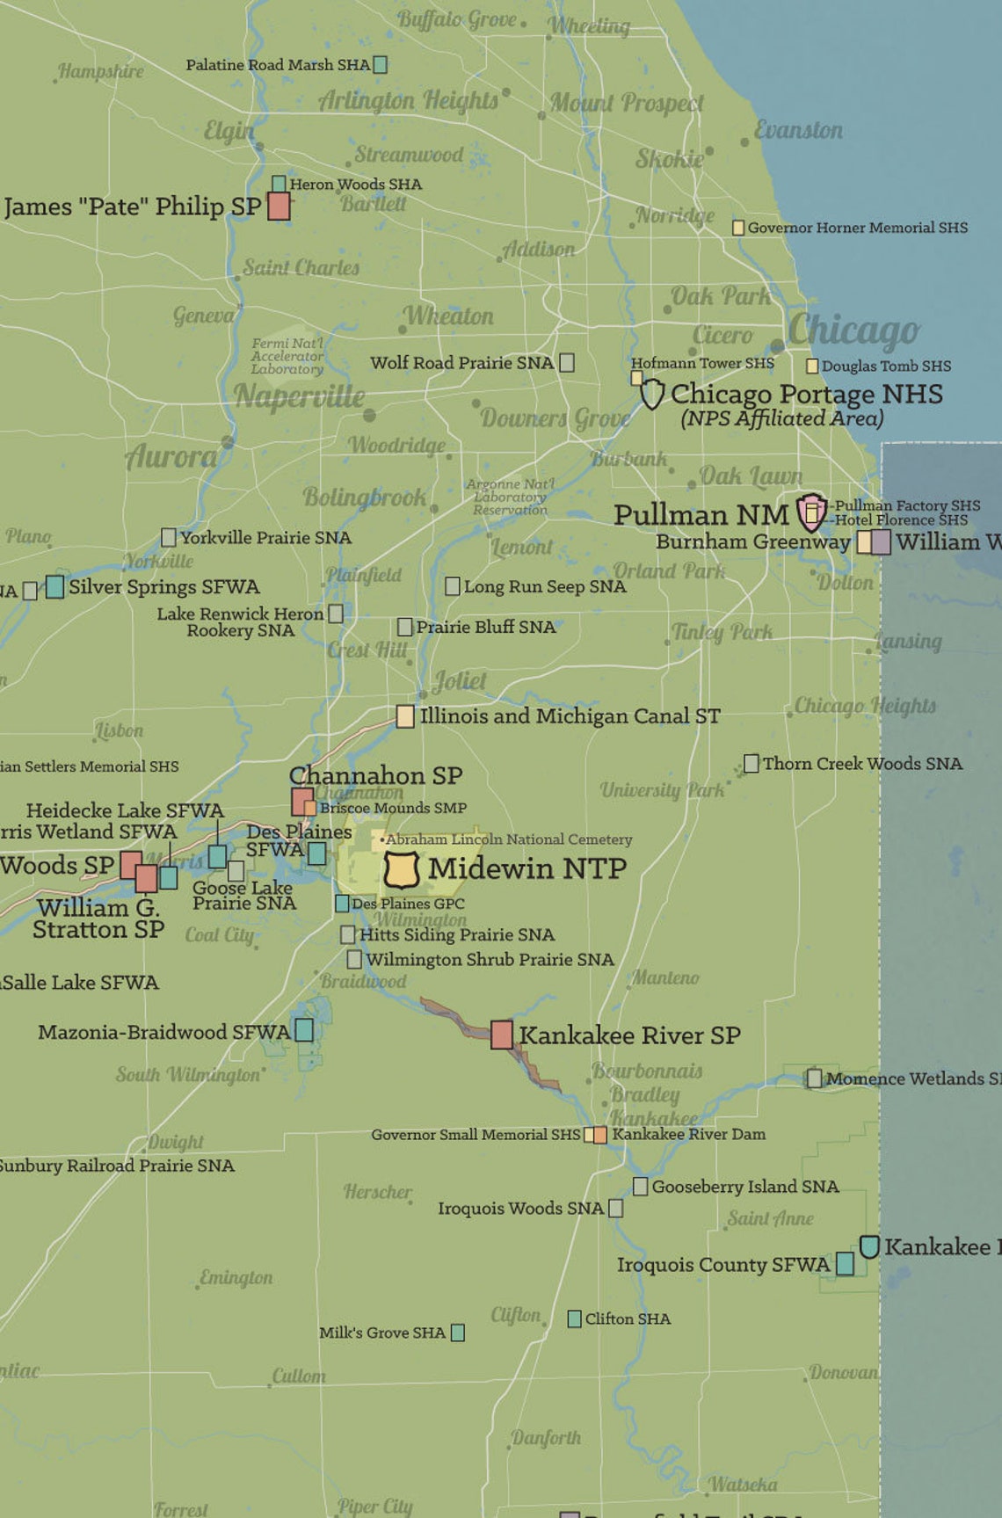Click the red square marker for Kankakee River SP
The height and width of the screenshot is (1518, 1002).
502,1035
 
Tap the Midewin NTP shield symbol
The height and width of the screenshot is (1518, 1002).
402,869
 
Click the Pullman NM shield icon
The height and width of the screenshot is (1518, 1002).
811,512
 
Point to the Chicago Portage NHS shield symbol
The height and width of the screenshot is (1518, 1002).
651,394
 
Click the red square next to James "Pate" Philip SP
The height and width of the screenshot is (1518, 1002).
279,207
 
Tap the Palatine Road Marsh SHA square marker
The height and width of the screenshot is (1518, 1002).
381,65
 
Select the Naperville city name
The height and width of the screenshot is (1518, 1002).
299,396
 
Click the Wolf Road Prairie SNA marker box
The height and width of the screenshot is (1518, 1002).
567,362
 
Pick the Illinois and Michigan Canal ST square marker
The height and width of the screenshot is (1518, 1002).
405,716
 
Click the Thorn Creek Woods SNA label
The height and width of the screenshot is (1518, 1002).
861,764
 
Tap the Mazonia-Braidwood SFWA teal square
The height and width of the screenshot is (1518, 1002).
304,1030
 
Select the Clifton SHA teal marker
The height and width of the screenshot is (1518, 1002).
574,1318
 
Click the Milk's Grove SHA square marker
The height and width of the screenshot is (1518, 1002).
458,1333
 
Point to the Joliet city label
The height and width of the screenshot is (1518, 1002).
460,681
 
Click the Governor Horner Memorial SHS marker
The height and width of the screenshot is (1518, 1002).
738,228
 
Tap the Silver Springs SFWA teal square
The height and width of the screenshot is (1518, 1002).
54,586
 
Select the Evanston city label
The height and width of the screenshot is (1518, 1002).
798,130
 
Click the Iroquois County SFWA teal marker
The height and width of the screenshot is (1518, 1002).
845,1264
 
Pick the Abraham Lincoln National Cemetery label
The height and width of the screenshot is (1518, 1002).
508,839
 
